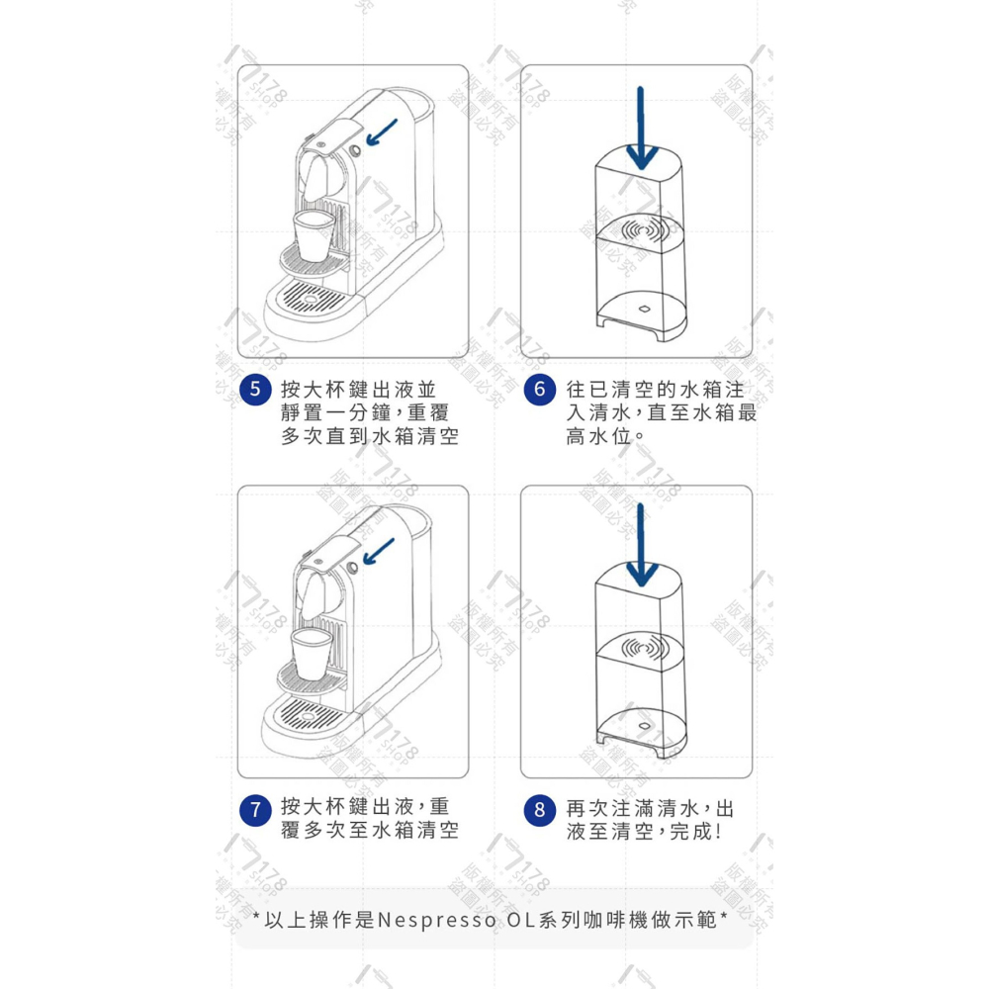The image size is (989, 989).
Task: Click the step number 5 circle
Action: pyautogui.click(x=255, y=389)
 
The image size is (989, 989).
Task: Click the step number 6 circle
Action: pyautogui.click(x=539, y=389)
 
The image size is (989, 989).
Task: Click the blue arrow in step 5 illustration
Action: pyautogui.click(x=381, y=132)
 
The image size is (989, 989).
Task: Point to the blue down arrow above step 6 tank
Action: pyautogui.click(x=641, y=129)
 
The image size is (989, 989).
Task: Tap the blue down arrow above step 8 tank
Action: pyautogui.click(x=641, y=549)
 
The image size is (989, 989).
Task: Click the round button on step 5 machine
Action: pyautogui.click(x=354, y=150)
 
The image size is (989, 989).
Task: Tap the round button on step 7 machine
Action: pyautogui.click(x=354, y=571)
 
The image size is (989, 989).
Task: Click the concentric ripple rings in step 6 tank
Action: pyautogui.click(x=645, y=230)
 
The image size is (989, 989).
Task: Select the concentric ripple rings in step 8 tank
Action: pyautogui.click(x=645, y=651)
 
